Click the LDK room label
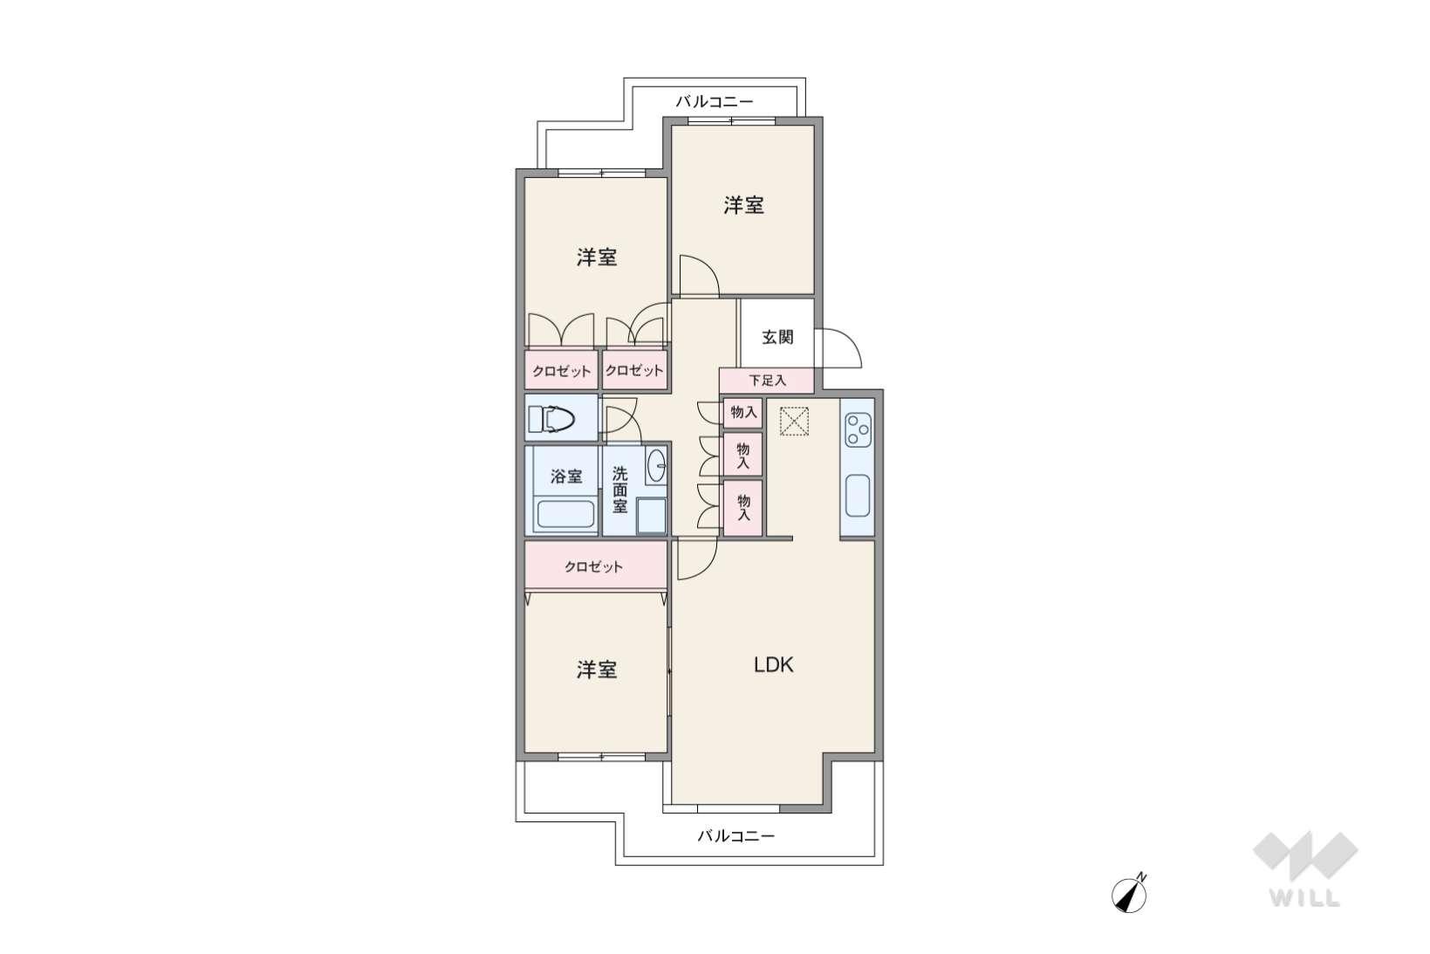[x=773, y=665]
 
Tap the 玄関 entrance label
[x=777, y=337]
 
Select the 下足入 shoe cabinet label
[x=767, y=381]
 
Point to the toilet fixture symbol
[x=551, y=420]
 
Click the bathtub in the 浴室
[x=565, y=514]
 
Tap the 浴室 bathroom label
[x=566, y=477]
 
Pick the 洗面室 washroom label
[x=619, y=491]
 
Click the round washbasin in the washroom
[x=655, y=466]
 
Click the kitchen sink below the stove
[x=858, y=496]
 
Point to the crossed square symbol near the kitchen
[x=794, y=422]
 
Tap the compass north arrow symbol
[x=1129, y=895]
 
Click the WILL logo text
[x=1304, y=898]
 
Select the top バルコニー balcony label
[x=715, y=101]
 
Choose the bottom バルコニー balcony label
[x=736, y=836]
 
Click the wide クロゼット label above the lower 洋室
[x=593, y=567]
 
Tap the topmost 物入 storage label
[x=743, y=413]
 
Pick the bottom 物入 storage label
[x=743, y=506]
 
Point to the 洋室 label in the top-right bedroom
[x=743, y=206]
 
